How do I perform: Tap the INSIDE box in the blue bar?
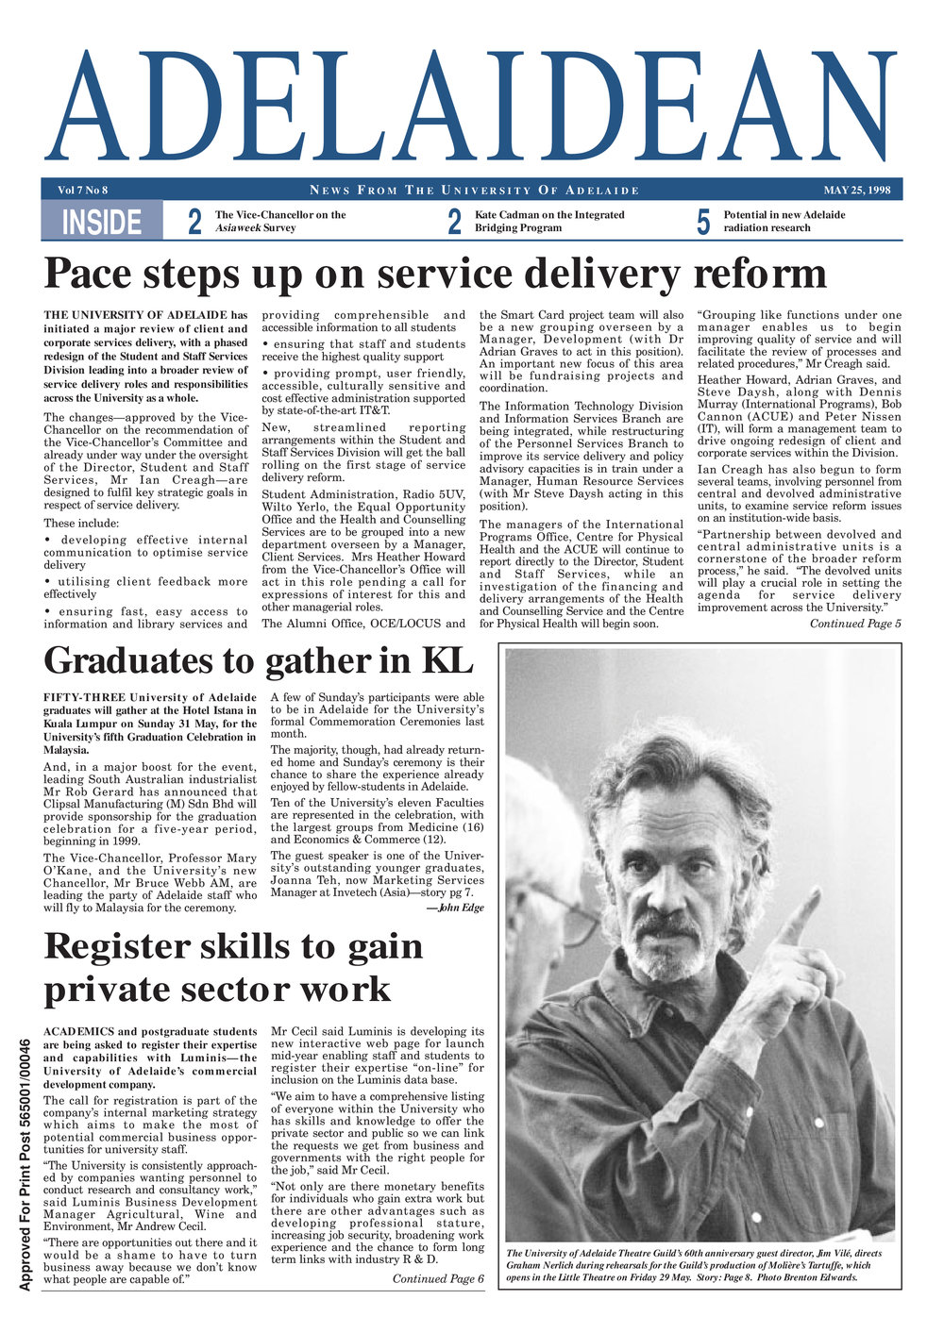tap(101, 222)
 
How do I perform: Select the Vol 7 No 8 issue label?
tap(83, 190)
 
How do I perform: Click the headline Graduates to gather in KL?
tap(258, 660)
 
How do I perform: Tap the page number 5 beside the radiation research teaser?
tap(702, 222)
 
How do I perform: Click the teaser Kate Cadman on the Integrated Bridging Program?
tap(548, 221)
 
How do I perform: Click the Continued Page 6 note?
tap(438, 1278)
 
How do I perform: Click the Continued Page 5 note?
tap(855, 623)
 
